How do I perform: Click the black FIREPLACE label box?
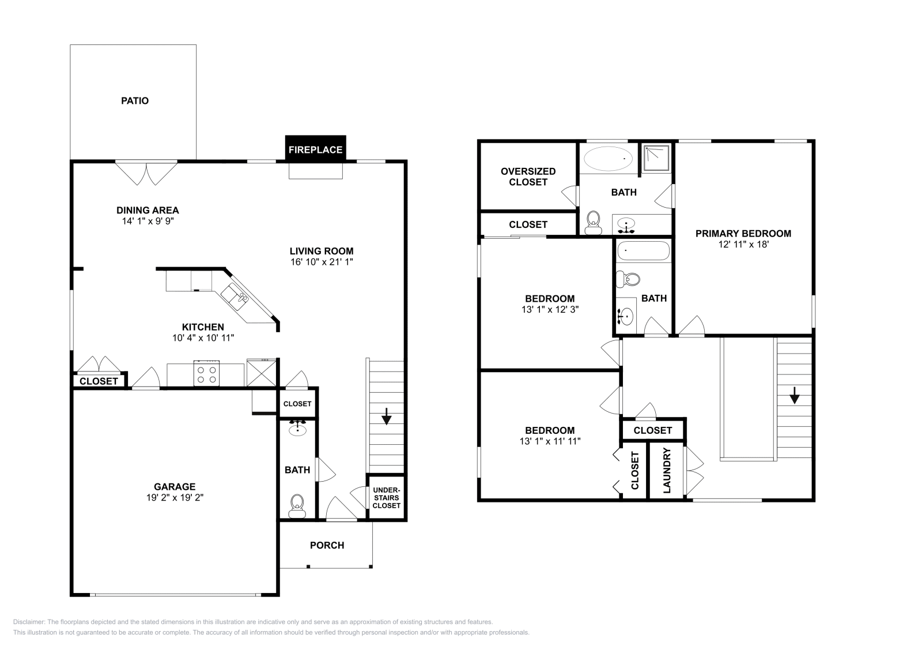click(x=316, y=148)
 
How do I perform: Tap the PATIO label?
click(x=135, y=100)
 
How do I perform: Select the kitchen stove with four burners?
click(x=207, y=374)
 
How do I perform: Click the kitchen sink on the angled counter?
click(x=235, y=298)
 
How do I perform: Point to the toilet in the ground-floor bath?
click(x=297, y=506)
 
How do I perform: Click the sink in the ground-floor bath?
click(x=297, y=429)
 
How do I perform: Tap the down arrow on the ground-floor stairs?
click(x=386, y=416)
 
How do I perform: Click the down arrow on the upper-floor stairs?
click(x=795, y=396)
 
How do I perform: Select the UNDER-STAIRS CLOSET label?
click(x=387, y=498)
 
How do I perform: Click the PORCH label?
click(x=327, y=545)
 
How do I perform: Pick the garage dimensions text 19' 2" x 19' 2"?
click(x=175, y=497)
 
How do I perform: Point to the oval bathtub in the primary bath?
click(x=609, y=158)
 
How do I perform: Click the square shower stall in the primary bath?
click(x=657, y=158)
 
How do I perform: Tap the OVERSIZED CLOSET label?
click(x=528, y=177)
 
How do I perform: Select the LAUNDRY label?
click(x=667, y=471)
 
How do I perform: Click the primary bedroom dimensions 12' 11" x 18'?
click(x=744, y=245)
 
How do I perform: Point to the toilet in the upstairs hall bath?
click(x=628, y=280)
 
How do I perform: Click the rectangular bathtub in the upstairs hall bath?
click(x=644, y=251)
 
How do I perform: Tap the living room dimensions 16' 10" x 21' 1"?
click(x=322, y=262)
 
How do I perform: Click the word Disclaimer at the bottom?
click(x=28, y=622)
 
